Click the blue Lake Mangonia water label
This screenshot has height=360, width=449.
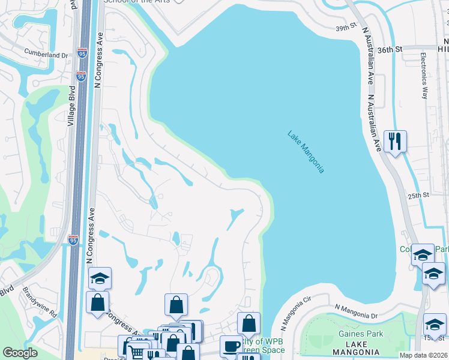(x=306, y=152)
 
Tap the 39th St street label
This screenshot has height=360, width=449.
(x=346, y=28)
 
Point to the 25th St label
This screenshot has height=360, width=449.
(x=419, y=195)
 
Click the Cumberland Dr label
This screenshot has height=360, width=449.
(x=46, y=55)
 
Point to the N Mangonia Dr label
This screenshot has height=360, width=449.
(x=355, y=311)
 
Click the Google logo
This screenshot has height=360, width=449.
(x=20, y=352)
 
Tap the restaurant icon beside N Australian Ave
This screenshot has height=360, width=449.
(x=395, y=142)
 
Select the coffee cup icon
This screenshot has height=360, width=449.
(x=231, y=346)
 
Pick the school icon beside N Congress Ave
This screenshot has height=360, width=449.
(x=100, y=278)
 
